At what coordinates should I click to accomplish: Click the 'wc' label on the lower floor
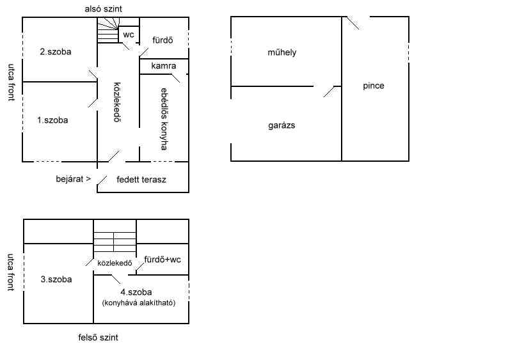coord(129,35)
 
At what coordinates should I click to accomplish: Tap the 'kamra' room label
coord(164,66)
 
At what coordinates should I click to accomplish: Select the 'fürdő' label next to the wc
coord(163,40)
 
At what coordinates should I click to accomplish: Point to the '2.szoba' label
coord(56,52)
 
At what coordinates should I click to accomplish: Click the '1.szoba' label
coord(52,120)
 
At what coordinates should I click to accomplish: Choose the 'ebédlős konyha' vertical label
coord(164,119)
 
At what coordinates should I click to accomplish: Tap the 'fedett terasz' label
coord(141,179)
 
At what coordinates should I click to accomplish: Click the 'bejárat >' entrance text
coord(74,179)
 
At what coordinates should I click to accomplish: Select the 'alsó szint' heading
coord(104,9)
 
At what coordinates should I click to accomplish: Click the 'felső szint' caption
coord(98,338)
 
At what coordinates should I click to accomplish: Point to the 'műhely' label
coord(282,52)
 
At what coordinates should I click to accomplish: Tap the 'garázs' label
coord(282,125)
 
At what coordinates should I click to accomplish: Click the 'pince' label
coord(374,86)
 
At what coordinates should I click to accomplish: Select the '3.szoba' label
coord(56,279)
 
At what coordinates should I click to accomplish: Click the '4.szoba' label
coord(136,292)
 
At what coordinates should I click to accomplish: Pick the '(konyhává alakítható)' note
coord(139,303)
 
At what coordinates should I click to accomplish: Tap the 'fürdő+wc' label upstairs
coord(163,260)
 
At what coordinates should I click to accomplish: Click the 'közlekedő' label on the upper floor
coord(115,263)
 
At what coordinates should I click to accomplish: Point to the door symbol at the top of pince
coord(353,23)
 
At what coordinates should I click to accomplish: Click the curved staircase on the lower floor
coord(108,30)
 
